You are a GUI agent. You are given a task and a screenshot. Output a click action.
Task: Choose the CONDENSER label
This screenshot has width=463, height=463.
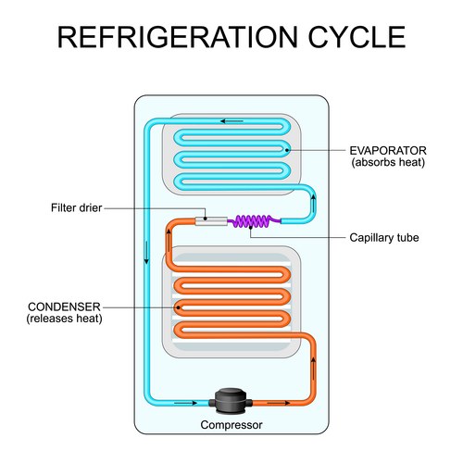65,306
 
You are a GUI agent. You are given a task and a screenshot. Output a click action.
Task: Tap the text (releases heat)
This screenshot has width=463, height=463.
65,319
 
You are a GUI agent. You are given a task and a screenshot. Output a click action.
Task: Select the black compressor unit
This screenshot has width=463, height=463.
231,401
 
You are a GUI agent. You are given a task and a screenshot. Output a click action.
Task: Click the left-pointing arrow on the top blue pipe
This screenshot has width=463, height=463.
231,119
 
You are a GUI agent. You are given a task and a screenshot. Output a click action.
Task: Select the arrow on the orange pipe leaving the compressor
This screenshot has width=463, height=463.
275,403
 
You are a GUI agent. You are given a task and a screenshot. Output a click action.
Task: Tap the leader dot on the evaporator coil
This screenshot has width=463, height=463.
290,148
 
